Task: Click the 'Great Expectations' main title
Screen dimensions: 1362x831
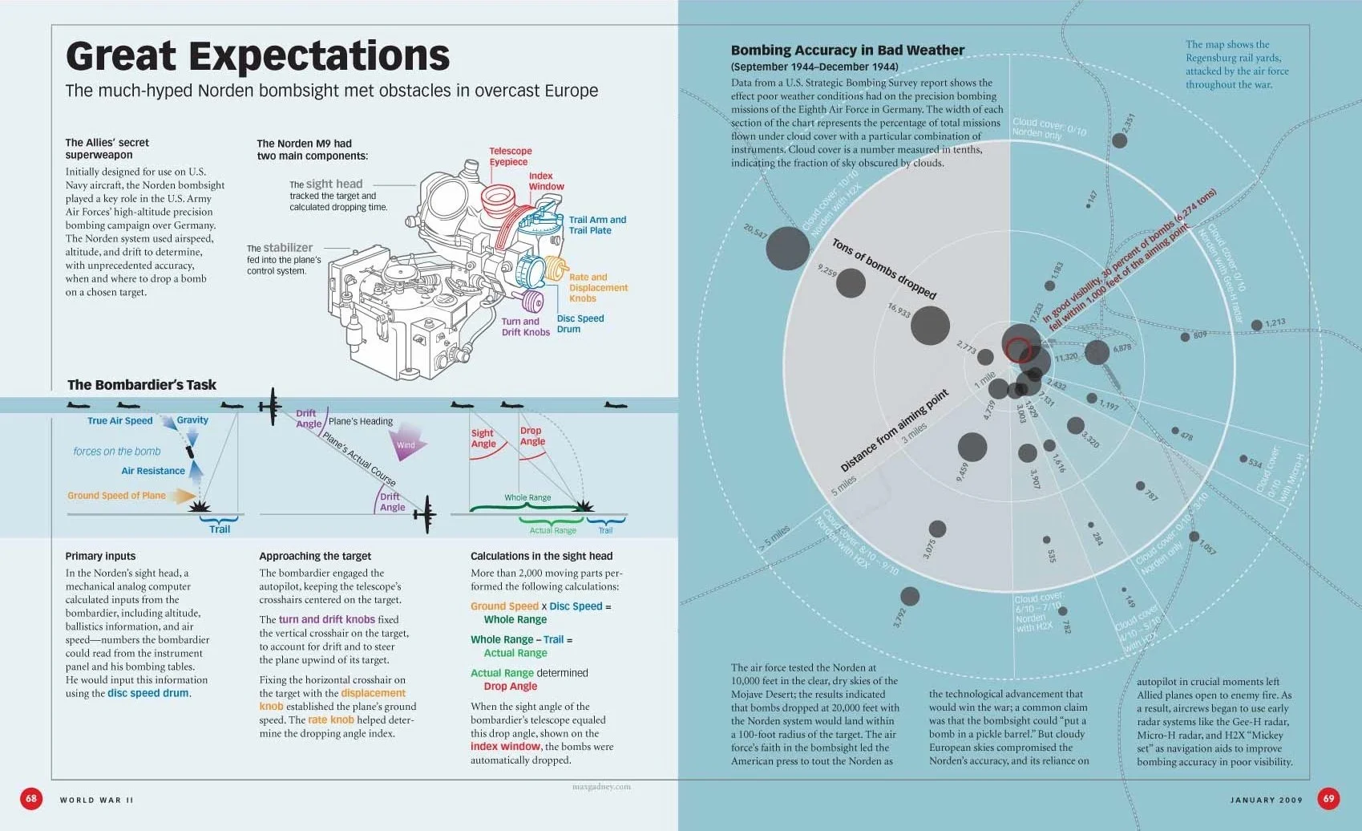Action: coord(257,56)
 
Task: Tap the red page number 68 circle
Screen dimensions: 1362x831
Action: coord(31,798)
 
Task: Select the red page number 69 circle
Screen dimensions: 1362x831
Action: coord(1328,798)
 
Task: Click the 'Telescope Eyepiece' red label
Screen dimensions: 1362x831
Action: coord(510,156)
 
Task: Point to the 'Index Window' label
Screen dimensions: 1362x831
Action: coord(546,181)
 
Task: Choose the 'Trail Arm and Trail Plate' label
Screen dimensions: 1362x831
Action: coord(597,225)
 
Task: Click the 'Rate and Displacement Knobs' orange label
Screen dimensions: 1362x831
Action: coord(598,288)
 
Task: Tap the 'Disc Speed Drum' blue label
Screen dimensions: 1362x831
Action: coord(580,323)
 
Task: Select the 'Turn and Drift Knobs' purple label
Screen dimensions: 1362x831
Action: coord(525,326)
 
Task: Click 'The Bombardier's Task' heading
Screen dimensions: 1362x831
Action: coord(142,385)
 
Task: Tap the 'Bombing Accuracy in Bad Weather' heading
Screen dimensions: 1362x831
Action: coord(847,51)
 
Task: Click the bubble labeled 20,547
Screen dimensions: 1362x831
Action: coord(787,248)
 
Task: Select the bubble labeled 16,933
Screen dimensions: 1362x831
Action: coord(930,325)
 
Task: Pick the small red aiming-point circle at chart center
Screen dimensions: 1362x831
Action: coord(1018,350)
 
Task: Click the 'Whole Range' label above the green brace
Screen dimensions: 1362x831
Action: coord(527,498)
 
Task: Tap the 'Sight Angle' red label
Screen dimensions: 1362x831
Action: coord(483,439)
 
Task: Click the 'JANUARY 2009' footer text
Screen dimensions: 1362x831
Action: coord(1266,800)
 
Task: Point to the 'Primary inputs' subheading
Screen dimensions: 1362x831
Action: coord(100,556)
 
